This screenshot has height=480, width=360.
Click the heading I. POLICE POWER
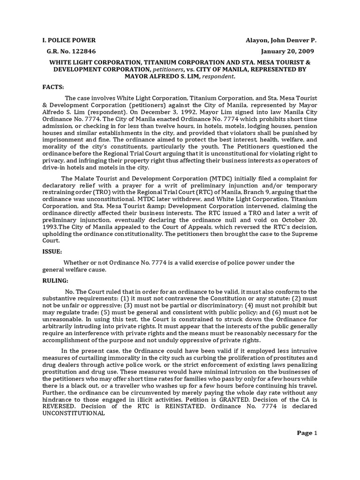tap(69, 41)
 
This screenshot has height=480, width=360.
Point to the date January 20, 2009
tap(288, 51)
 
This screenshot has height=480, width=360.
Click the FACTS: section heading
tap(53, 87)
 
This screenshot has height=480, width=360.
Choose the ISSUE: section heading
tap(52, 251)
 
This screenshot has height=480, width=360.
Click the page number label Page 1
tap(307, 433)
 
